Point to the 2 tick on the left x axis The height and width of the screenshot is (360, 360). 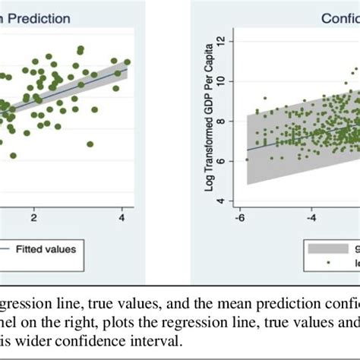(33, 217)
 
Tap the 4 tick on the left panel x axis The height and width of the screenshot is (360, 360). (122, 217)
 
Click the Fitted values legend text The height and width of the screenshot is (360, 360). (56, 248)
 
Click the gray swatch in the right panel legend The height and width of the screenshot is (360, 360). (323, 247)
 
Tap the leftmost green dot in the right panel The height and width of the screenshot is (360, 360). (247, 160)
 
